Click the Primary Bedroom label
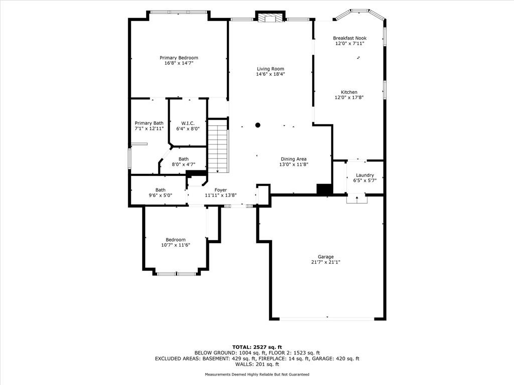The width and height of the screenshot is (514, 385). [x=179, y=58]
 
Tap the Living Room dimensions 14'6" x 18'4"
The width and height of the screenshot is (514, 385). [x=271, y=74]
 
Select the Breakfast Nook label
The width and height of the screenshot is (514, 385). [x=350, y=38]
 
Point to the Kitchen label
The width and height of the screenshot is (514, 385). [x=349, y=92]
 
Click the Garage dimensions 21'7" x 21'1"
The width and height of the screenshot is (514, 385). [x=325, y=262]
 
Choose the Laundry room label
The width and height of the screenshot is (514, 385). [x=365, y=175]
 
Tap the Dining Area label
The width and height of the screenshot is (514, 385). [x=294, y=159]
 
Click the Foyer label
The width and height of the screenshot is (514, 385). [x=221, y=190]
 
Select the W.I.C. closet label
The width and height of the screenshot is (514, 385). [x=188, y=123]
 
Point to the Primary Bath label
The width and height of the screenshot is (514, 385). [x=149, y=123]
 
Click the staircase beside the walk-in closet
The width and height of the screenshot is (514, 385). [x=218, y=146]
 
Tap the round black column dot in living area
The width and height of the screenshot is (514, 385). [x=258, y=125]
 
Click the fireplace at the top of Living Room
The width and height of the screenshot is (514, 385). [x=270, y=18]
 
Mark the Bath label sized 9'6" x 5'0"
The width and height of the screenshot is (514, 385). [x=160, y=190]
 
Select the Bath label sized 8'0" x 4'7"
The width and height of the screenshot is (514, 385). [x=184, y=159]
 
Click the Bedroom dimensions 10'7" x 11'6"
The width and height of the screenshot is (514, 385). [x=176, y=245]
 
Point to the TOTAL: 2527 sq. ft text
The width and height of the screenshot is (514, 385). [x=257, y=347]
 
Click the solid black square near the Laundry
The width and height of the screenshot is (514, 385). [x=325, y=189]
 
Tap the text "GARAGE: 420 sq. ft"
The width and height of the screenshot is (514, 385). [x=336, y=358]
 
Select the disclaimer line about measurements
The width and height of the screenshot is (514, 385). [x=257, y=374]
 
